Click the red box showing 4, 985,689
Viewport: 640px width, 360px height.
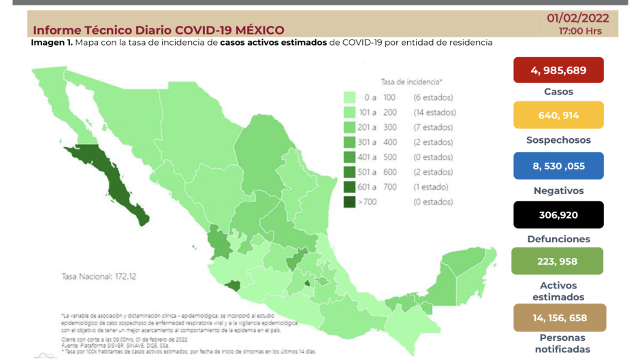pyautogui.click(x=558, y=70)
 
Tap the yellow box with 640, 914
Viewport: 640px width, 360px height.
pyautogui.click(x=558, y=115)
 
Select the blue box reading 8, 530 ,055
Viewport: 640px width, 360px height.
pyautogui.click(x=558, y=165)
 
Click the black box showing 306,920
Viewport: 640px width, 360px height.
pyautogui.click(x=558, y=214)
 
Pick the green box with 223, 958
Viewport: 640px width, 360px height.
pyautogui.click(x=557, y=261)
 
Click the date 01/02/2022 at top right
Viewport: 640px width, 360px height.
pyautogui.click(x=578, y=18)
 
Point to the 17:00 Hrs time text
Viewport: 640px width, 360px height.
pyautogui.click(x=580, y=31)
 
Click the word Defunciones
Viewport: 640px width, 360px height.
pyautogui.click(x=558, y=240)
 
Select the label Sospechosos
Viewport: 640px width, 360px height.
pyautogui.click(x=558, y=140)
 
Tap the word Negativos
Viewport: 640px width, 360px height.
pyautogui.click(x=558, y=191)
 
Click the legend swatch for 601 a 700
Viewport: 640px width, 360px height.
pyautogui.click(x=351, y=187)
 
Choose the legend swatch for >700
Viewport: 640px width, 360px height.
pyautogui.click(x=351, y=202)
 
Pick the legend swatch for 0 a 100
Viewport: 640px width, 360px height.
pyautogui.click(x=351, y=97)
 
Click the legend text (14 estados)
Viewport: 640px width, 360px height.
pyautogui.click(x=434, y=112)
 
